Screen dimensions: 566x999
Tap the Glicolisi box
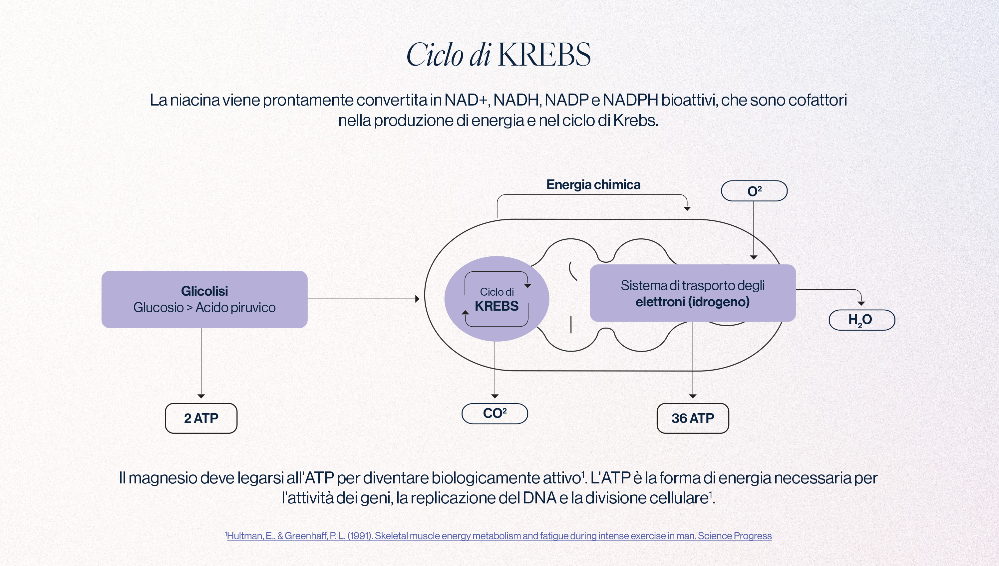(x=204, y=299)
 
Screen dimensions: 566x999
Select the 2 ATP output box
(x=201, y=418)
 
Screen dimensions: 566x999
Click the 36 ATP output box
(x=693, y=418)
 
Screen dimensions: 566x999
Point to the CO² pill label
(x=495, y=414)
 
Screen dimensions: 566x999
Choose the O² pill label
(x=754, y=191)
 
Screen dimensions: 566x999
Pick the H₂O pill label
(x=862, y=320)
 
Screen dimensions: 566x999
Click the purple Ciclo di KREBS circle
(x=497, y=299)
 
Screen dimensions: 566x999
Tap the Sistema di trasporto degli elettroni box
(x=693, y=293)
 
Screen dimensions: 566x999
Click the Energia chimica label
(x=593, y=185)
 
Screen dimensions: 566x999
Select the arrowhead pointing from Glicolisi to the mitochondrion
(x=418, y=299)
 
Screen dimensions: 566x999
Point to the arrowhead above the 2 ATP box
(x=201, y=396)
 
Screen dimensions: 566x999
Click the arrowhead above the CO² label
(x=495, y=396)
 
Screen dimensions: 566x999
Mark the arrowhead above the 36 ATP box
(x=693, y=396)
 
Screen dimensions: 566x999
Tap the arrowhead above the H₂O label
(x=861, y=303)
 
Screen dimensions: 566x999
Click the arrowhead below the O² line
(x=754, y=257)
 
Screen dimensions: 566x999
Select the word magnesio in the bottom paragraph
(x=163, y=478)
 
